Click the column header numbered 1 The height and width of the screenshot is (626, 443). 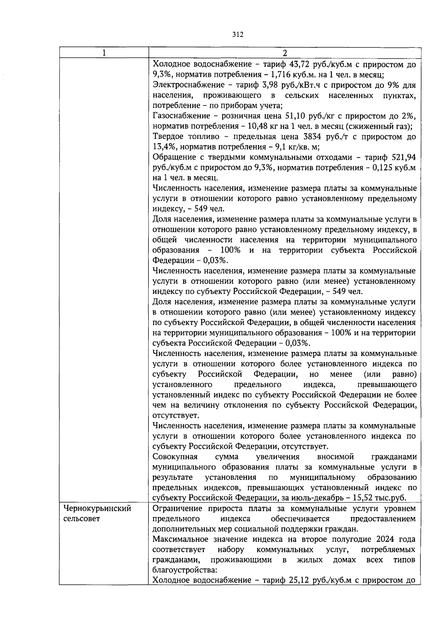104,53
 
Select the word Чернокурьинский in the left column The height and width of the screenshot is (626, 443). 97,509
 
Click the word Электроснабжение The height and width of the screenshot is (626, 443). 189,85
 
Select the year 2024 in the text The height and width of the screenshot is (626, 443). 377,539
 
